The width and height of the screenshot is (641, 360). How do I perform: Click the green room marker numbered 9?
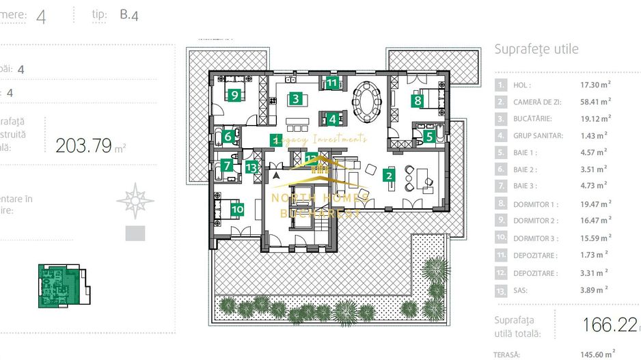234,95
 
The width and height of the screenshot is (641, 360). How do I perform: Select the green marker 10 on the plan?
237,209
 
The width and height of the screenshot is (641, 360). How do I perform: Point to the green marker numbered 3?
295,98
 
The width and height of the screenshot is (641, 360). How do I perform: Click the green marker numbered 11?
331,83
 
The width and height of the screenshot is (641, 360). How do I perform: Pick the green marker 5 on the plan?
429,136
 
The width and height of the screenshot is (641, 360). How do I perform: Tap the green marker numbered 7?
228,165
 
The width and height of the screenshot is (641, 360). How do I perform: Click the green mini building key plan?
60,285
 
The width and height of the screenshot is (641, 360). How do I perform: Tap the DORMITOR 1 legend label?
536,204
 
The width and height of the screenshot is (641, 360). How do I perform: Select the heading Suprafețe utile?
536,49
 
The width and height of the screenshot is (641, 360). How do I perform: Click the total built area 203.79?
83,146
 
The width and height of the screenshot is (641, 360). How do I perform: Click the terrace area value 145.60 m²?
596,354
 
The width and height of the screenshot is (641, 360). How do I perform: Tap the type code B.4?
128,15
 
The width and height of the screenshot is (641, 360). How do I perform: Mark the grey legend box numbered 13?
502,290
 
